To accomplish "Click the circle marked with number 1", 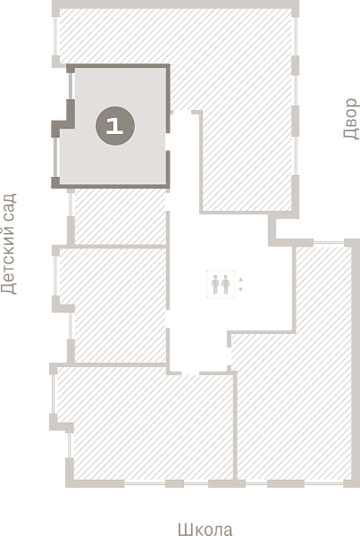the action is coord(115,126).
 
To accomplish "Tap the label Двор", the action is coord(351,119).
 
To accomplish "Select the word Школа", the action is coord(205,529).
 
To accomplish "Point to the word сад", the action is coord(10,205).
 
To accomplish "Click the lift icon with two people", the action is coord(220,284).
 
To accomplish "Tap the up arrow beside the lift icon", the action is coord(240,280).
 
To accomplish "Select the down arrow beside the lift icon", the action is coord(240,289).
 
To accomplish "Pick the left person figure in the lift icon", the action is coord(215,284).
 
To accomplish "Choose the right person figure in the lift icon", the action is coord(225,284).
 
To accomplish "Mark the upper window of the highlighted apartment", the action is coord(71,86).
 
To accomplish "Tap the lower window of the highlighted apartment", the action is coord(55,157).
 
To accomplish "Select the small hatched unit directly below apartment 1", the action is coord(120,217).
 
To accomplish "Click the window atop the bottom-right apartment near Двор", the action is coord(328,243).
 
